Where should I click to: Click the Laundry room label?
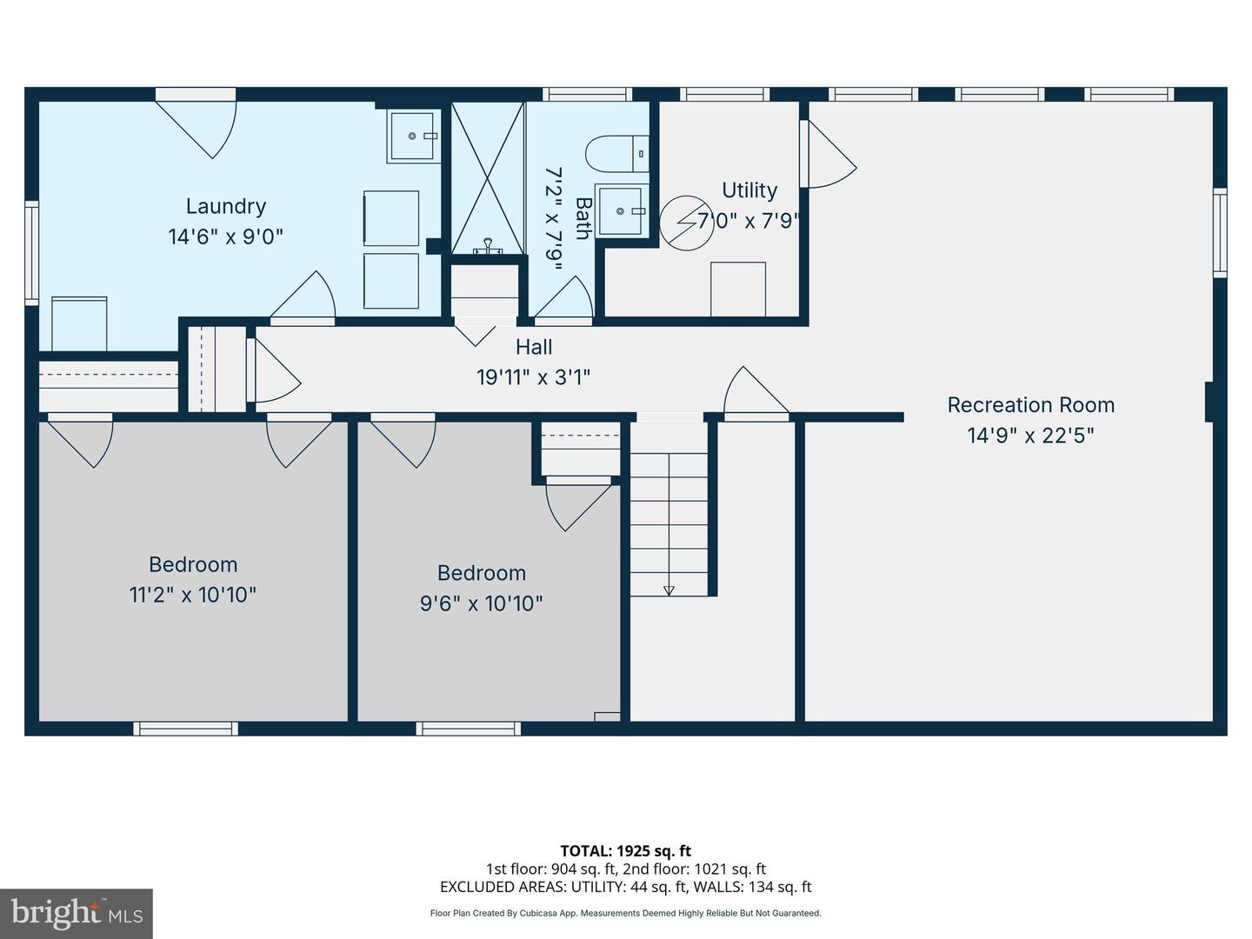[x=226, y=206]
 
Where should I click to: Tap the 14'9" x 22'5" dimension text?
[x=1030, y=435]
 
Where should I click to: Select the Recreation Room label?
[x=1030, y=404]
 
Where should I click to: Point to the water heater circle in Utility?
[x=685, y=223]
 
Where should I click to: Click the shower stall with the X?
[x=488, y=178]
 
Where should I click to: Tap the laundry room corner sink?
[x=412, y=137]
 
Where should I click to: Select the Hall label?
[x=534, y=347]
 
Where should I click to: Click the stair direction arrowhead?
[x=669, y=590]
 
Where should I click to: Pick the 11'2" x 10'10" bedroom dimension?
[x=193, y=595]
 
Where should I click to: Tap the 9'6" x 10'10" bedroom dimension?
[x=482, y=603]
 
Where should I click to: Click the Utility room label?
[x=749, y=190]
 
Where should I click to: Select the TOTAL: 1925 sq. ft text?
[x=625, y=851]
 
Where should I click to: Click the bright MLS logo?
[x=77, y=913]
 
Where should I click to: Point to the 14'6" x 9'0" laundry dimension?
[x=226, y=236]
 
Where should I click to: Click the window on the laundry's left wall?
[x=31, y=252]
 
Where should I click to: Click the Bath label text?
[x=583, y=218]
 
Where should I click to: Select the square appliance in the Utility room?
[x=738, y=289]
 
